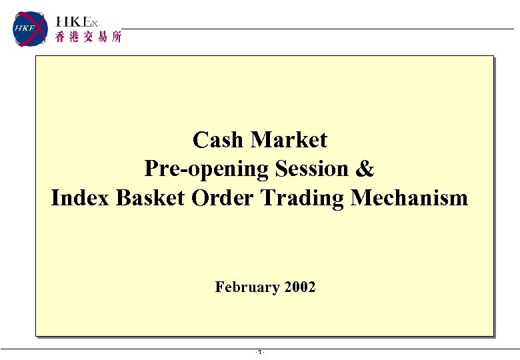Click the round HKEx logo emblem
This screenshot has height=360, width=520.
31,29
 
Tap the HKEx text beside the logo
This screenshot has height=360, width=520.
77,23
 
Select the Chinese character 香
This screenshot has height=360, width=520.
61,38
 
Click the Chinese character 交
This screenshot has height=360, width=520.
88,38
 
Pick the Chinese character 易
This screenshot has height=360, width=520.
102,38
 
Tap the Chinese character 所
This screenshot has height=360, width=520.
116,38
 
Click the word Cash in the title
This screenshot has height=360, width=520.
218,140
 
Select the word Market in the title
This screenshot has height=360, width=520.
289,140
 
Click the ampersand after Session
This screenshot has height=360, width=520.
365,169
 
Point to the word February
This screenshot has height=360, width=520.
247,287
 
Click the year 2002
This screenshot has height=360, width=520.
299,287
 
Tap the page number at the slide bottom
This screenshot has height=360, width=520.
260,352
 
